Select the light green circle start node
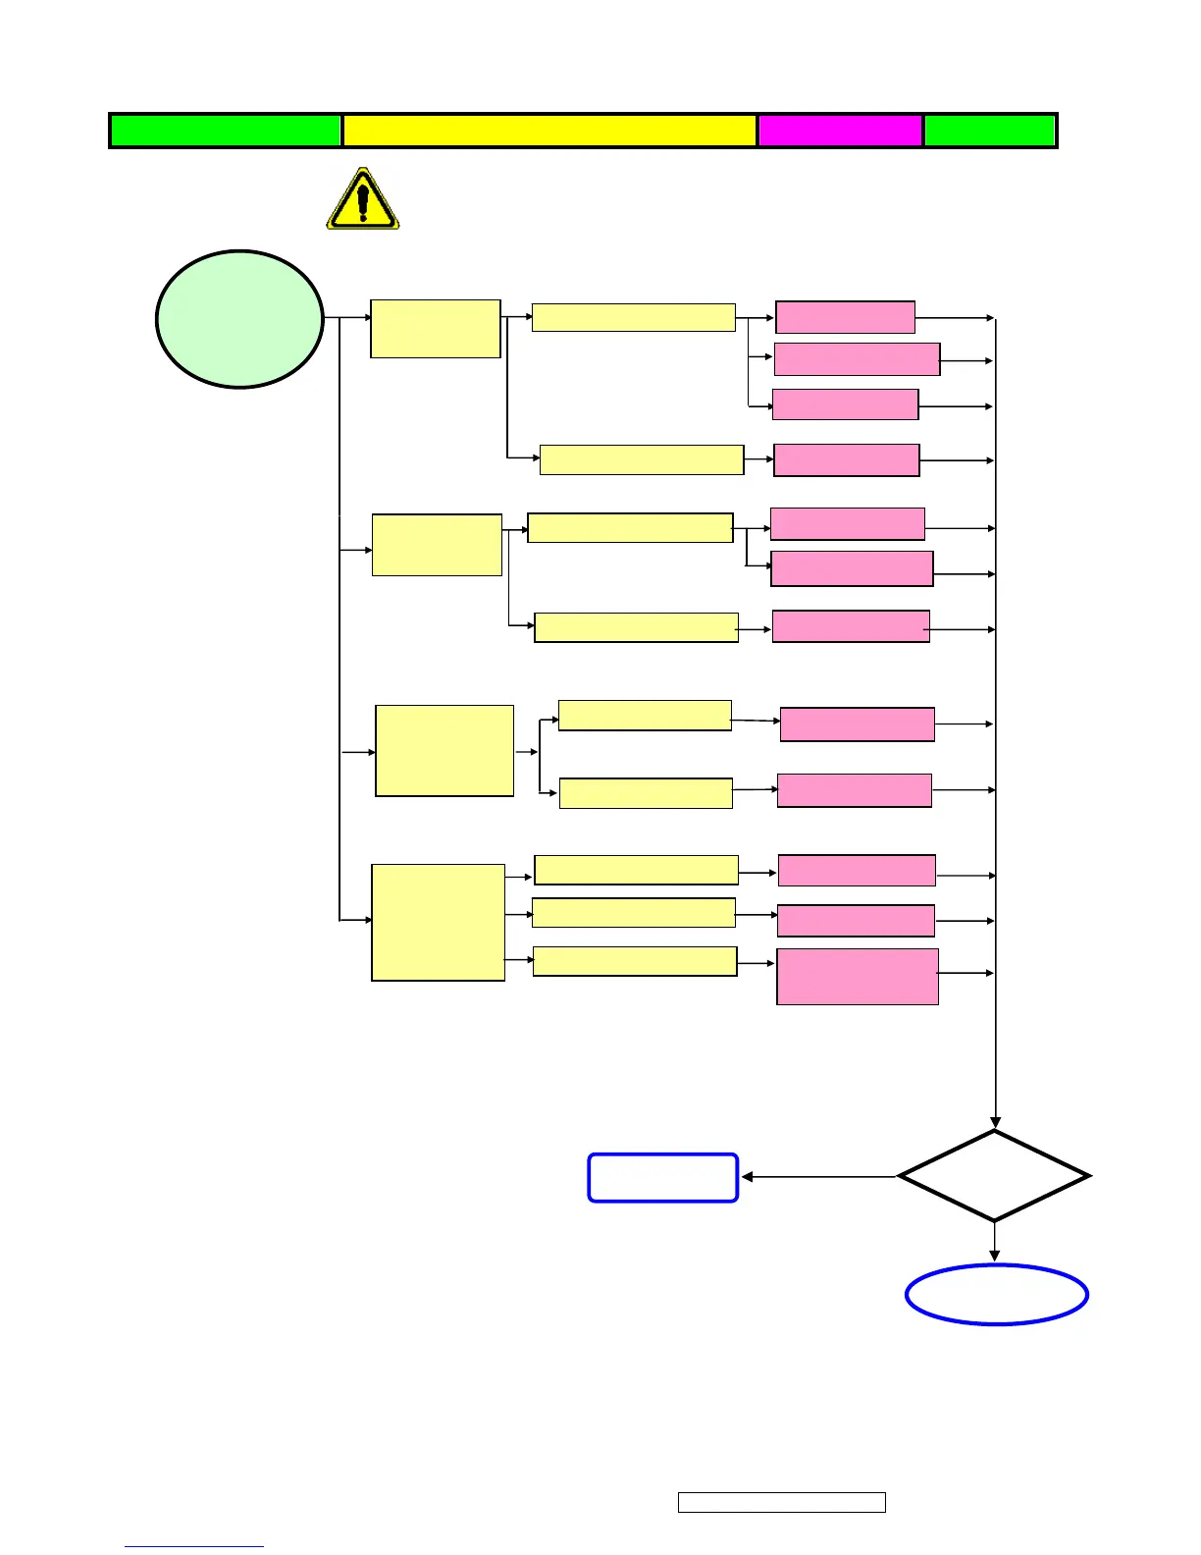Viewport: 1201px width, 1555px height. (239, 319)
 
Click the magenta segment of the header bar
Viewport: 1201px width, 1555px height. (840, 131)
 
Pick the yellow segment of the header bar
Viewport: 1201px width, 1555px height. (549, 131)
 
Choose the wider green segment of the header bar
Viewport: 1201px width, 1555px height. (226, 131)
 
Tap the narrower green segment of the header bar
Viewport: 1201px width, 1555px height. (989, 131)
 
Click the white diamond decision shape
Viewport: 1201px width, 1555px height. (994, 1175)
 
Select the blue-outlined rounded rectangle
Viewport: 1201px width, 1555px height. (662, 1177)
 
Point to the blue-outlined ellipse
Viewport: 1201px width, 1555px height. (996, 1295)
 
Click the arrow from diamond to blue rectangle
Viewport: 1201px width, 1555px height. (819, 1176)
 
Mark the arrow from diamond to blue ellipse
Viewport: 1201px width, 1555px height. (995, 1243)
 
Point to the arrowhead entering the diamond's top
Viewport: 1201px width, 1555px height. (995, 1122)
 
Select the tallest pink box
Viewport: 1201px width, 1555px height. (857, 976)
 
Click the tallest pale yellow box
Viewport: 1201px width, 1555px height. (438, 922)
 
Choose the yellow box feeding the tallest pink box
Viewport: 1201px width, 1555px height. (634, 961)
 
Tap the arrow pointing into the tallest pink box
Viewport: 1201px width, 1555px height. (757, 963)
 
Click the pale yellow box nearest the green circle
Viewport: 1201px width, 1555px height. (435, 329)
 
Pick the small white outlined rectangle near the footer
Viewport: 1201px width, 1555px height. (781, 1502)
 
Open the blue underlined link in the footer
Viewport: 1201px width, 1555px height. (193, 1545)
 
